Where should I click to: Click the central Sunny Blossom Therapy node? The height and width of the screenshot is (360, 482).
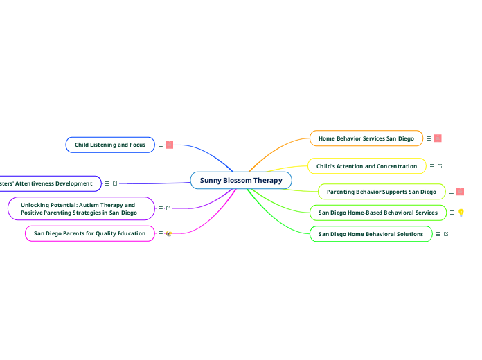tap(241, 181)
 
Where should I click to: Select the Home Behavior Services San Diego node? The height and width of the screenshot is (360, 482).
tap(366, 138)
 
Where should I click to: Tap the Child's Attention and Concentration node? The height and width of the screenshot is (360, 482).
tap(366, 166)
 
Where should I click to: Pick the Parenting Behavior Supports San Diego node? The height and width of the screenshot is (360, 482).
tap(381, 192)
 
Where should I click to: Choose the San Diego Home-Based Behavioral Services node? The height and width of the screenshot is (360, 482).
tap(377, 213)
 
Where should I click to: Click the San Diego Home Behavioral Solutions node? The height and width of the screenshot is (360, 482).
tap(371, 234)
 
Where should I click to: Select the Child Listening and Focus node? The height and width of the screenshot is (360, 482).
tap(110, 145)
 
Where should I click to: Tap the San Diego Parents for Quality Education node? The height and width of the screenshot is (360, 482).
tap(90, 233)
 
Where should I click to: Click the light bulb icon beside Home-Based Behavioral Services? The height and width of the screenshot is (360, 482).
tap(461, 213)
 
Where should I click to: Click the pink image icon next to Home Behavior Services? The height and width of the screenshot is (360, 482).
tap(438, 138)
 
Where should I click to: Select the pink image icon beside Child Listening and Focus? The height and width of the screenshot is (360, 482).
tap(169, 145)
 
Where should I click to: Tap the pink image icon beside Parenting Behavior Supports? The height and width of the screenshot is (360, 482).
tap(461, 192)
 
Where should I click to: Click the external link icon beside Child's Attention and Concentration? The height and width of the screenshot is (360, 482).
tap(440, 166)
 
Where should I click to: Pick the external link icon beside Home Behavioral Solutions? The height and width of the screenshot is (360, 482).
tap(445, 234)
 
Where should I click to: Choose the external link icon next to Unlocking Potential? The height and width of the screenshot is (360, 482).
tap(168, 208)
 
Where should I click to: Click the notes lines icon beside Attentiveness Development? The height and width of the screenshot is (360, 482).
tap(107, 183)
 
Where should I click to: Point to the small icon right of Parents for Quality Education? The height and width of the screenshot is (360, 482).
tap(168, 233)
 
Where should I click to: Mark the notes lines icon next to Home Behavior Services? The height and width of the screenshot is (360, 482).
tap(429, 138)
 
